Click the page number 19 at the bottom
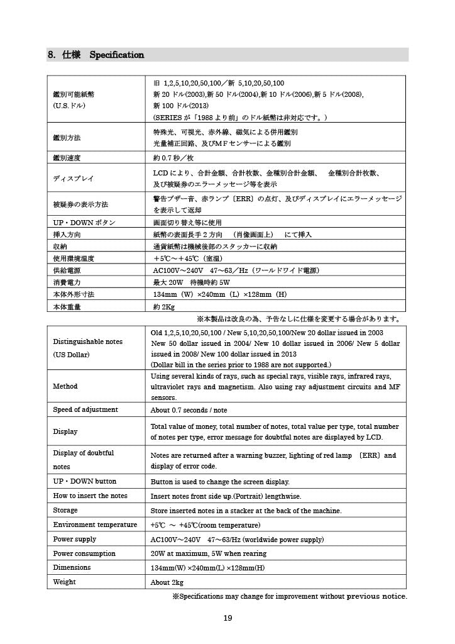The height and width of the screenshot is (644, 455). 228,618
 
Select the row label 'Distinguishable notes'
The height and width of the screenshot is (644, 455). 88,341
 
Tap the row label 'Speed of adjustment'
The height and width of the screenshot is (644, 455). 85,409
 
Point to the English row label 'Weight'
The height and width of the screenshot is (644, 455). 64,582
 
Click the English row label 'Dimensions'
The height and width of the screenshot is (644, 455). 72,567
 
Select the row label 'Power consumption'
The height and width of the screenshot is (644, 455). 84,553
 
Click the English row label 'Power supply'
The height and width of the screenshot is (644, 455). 75,539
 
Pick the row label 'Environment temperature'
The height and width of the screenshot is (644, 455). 95,525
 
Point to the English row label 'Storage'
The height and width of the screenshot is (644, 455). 65,510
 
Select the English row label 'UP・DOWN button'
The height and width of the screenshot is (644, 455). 84,482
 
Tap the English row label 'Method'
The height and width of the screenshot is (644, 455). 65,386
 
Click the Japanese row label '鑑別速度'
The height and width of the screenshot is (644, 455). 67,157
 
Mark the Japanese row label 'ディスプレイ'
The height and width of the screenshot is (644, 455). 73,179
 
